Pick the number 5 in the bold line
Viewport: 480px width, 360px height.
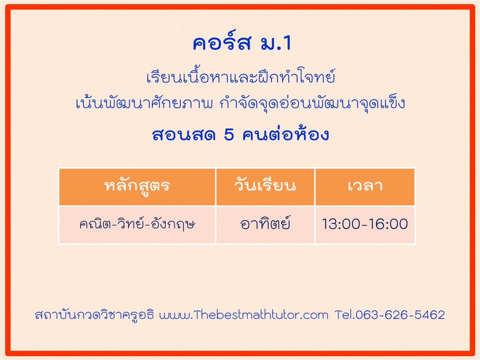pyautogui.click(x=229, y=135)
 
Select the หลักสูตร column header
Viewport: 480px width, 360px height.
pyautogui.click(x=137, y=187)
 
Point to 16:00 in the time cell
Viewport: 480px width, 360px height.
pyautogui.click(x=390, y=224)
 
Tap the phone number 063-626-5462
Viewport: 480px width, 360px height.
pyautogui.click(x=400, y=315)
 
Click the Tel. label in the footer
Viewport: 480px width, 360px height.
pyautogui.click(x=345, y=315)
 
